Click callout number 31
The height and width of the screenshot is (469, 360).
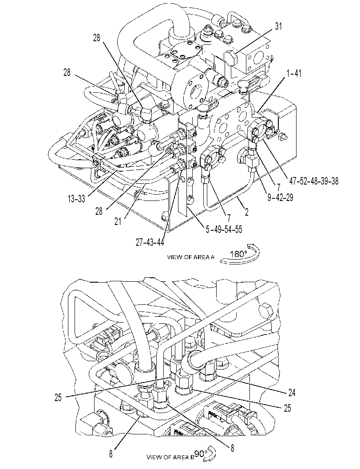[279, 26]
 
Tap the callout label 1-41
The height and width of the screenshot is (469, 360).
[294, 73]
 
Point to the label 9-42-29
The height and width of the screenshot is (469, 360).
[281, 197]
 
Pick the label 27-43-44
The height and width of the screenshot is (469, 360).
[150, 242]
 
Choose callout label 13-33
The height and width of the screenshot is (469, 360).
[76, 199]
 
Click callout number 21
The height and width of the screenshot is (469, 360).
[118, 221]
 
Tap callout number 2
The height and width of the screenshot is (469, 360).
[246, 212]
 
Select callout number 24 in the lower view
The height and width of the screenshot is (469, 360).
[292, 392]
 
